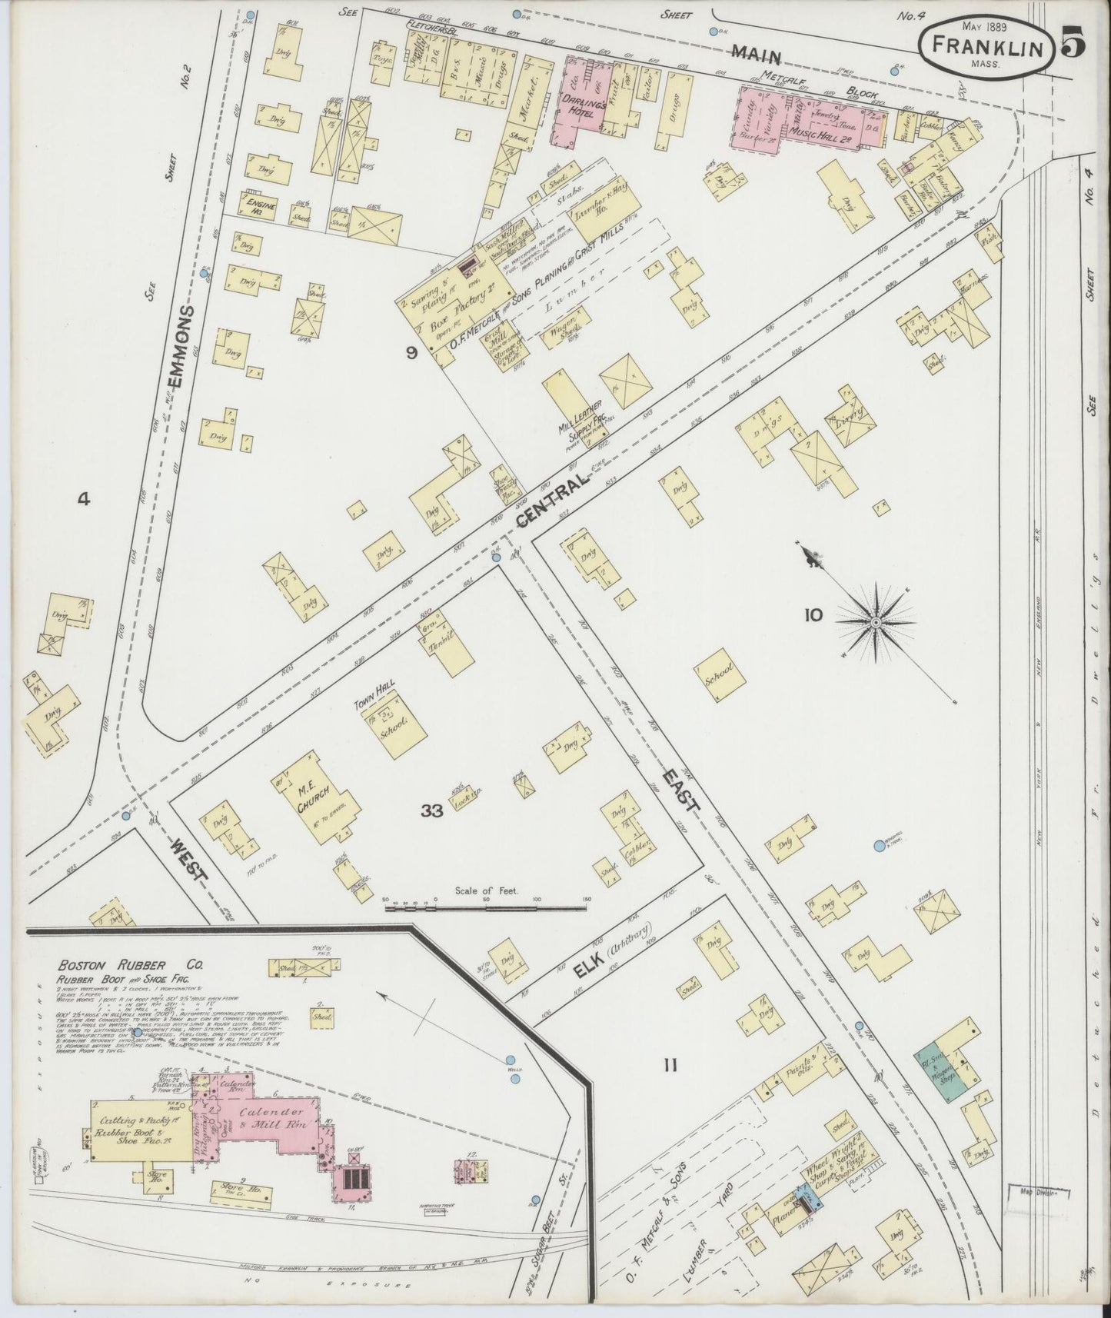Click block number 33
pos(433,810)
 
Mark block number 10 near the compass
pos(813,614)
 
